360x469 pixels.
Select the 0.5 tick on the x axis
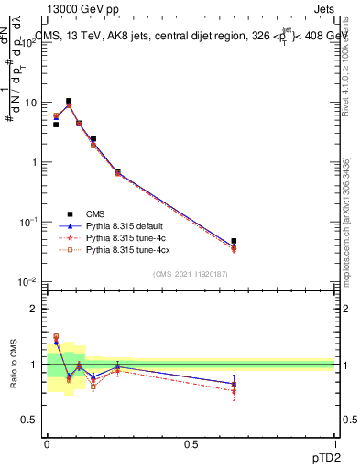pyautogui.click(x=191, y=444)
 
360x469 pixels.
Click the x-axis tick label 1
pyautogui.click(x=335, y=444)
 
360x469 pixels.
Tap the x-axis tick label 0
pyautogui.click(x=47, y=444)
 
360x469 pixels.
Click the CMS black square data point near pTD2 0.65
pyautogui.click(x=234, y=241)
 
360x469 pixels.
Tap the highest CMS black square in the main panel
pyautogui.click(x=69, y=101)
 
